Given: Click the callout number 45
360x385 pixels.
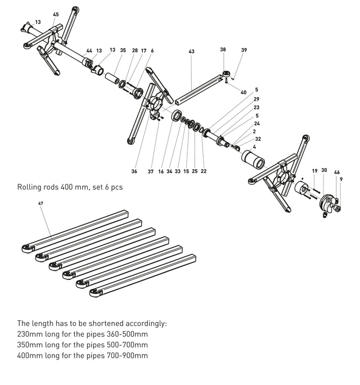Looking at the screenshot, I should coord(56,14).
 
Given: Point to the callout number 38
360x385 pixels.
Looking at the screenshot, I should coord(223,50).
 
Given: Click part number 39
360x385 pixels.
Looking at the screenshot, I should coord(244,50).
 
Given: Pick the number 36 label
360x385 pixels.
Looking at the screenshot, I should coord(134,171).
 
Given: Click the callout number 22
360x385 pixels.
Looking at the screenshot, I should coord(204,171).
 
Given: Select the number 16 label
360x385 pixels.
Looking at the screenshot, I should coord(161,171).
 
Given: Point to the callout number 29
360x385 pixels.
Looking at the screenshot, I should coord(256,99).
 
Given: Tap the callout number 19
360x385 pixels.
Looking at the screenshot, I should coord(314,170).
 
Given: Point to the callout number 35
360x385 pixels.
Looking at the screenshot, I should coord(123,51).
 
